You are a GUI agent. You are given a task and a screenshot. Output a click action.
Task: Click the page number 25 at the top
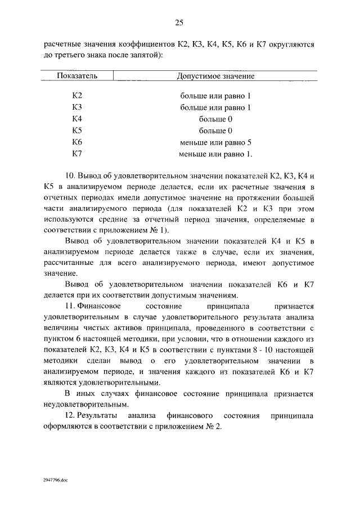179,22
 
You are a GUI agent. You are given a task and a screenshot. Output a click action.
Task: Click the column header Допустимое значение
215,75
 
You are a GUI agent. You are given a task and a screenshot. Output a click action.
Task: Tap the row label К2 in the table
77,96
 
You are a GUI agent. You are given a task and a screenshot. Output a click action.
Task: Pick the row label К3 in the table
77,107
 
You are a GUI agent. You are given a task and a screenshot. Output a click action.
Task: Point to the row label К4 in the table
77,119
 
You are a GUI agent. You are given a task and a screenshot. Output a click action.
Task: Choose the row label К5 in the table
77,130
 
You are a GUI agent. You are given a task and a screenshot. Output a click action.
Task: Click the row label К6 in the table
77,142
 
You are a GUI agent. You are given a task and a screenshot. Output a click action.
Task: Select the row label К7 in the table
77,153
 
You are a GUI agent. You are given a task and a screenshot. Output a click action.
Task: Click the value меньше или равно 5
215,142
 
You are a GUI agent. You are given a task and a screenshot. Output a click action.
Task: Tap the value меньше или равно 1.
216,153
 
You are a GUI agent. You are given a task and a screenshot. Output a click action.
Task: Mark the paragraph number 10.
70,176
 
